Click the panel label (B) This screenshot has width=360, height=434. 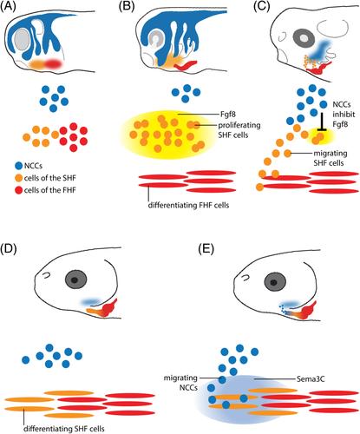coord(127,7)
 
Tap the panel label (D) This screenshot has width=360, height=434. coord(9,248)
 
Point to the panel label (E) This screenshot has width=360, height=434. coord(206,248)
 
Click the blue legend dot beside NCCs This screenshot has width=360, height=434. coord(19,166)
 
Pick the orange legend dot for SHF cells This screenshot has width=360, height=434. coord(19,178)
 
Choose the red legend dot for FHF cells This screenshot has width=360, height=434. coord(19,190)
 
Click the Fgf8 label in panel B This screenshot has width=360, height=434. coord(228,115)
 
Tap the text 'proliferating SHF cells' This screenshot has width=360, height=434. coord(239,130)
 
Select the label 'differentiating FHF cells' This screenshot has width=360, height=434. coord(188,205)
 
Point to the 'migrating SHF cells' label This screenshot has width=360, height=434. coord(331,158)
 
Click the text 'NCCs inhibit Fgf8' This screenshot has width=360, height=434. coord(344,115)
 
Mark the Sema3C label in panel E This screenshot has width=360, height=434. coord(311,378)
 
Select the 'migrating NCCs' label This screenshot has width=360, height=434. coord(180,383)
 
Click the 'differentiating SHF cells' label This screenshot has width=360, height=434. coord(64,428)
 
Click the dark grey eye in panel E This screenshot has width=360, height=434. coord(274,282)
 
